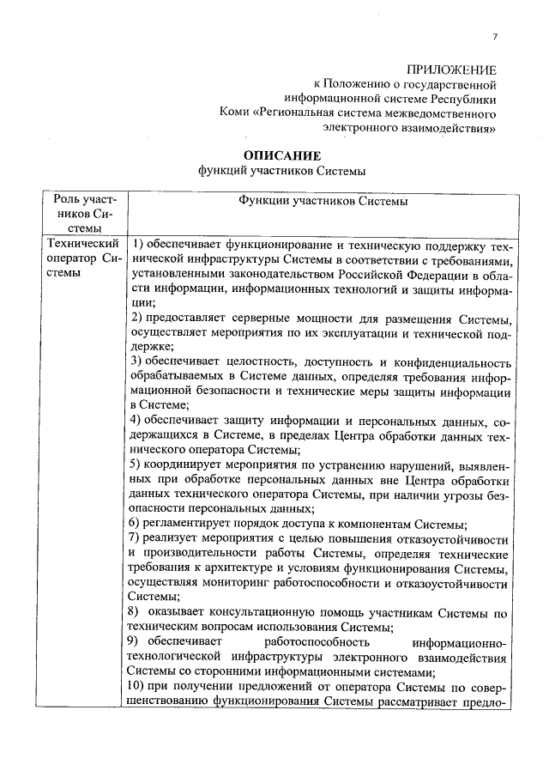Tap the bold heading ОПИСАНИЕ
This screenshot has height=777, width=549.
click(x=281, y=155)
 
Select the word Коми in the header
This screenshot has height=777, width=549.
click(x=234, y=112)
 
